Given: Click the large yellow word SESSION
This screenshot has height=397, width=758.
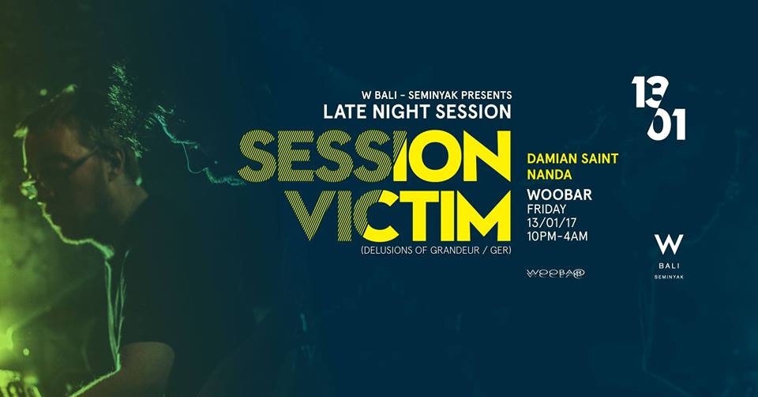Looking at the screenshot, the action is [374, 156].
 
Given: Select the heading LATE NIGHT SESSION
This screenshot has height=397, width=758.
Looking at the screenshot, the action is [417, 112].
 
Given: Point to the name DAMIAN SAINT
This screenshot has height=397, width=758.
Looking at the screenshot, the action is [573, 158].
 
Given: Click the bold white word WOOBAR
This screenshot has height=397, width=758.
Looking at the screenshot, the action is [559, 195].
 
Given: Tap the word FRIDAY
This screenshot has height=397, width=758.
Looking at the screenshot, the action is [546, 209].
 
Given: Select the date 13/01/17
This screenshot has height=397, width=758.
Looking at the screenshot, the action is [552, 223].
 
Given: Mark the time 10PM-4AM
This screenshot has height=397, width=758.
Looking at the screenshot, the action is [557, 236].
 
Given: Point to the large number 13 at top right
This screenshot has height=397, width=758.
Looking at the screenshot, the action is [650, 93].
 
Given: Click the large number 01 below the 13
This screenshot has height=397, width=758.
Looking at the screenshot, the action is [666, 124].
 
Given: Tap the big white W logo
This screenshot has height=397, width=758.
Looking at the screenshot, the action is [669, 244].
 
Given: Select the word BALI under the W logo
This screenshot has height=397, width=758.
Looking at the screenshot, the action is [669, 266].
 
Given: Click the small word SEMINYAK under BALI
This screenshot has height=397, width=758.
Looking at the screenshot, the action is [669, 277].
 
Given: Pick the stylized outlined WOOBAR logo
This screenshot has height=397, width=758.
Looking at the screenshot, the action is [555, 274].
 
